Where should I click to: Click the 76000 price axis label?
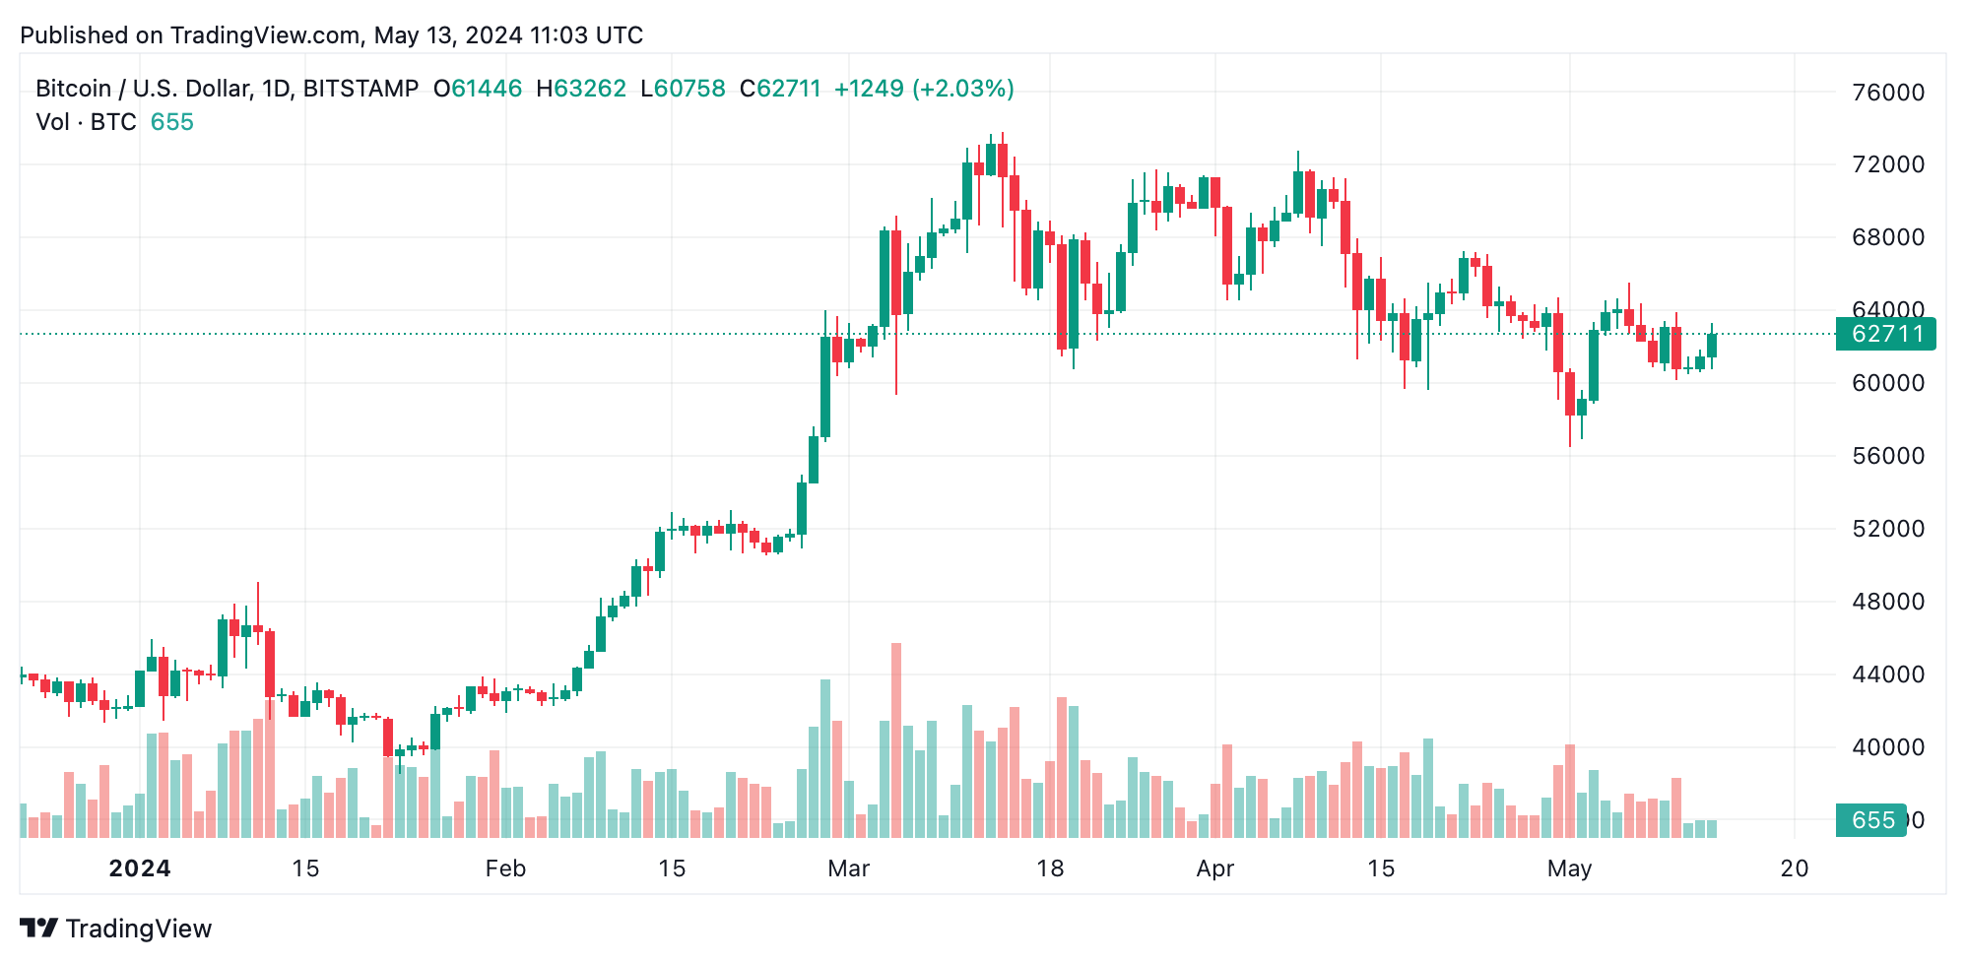coord(1887,93)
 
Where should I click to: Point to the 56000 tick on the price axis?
coord(1887,456)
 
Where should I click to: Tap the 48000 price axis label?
coord(1887,602)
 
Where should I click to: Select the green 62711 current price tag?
coord(1885,334)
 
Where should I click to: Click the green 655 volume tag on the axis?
coord(1871,820)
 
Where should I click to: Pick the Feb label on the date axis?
coord(505,868)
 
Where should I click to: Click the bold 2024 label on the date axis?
coord(139,868)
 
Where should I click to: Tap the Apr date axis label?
coord(1214,868)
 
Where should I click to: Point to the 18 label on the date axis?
coord(1050,868)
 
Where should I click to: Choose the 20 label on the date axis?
coord(1795,868)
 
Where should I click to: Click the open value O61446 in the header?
coord(478,89)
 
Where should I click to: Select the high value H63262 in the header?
coord(581,89)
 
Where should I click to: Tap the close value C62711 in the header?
coord(780,89)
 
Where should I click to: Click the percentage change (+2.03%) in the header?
coord(963,89)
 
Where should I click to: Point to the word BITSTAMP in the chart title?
coord(360,89)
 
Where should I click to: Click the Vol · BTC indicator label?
coord(87,122)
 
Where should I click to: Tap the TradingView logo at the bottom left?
coord(116,929)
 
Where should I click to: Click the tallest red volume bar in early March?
coord(896,738)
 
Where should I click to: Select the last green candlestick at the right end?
coord(1712,346)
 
